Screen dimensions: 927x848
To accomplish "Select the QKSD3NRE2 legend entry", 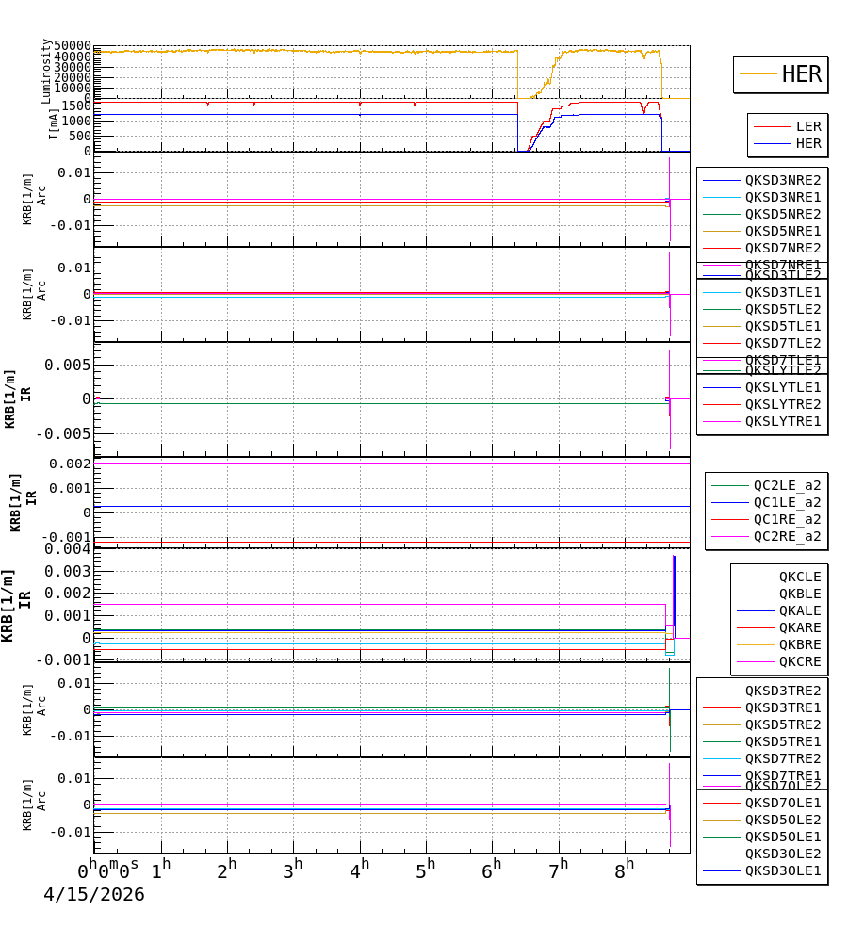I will coord(782,180).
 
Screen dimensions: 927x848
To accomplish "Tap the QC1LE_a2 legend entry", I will coord(786,502).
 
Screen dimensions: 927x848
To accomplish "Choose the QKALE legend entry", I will coord(799,610).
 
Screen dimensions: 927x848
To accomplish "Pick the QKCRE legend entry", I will coord(799,661).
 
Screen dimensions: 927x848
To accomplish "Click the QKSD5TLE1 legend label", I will coord(782,326).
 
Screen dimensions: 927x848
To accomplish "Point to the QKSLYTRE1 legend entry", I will coord(782,421).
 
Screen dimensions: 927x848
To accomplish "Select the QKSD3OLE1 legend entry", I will coord(782,870).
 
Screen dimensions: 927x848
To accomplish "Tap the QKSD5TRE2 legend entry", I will coord(782,724).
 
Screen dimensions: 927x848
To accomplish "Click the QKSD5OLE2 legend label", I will coord(782,820).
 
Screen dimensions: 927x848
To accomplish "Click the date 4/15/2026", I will coord(94,895).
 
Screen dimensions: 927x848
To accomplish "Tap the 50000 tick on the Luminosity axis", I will coord(72,46).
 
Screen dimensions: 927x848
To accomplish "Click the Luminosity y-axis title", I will coord(46,71).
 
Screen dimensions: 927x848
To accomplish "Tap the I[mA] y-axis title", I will coord(54,123).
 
